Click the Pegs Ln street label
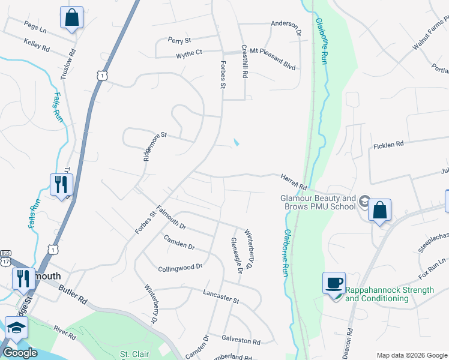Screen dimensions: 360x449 tap(35, 26)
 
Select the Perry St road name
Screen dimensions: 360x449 tap(179, 41)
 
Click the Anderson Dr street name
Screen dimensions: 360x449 tap(286, 26)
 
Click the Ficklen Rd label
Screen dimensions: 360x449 tap(389, 145)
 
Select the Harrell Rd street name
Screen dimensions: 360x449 tap(294, 179)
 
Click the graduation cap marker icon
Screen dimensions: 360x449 tap(16, 328)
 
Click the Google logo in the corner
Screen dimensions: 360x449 tap(20, 353)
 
